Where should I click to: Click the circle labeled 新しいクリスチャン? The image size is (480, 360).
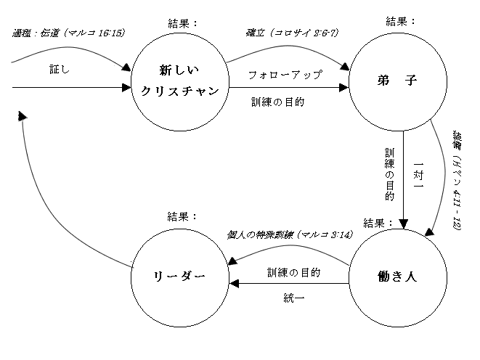point(179,82)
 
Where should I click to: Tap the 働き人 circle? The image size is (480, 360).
point(396,277)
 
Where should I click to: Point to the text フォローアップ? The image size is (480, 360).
point(285,74)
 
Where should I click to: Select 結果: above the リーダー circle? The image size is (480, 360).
point(182,216)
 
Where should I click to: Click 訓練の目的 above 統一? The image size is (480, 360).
point(293,272)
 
